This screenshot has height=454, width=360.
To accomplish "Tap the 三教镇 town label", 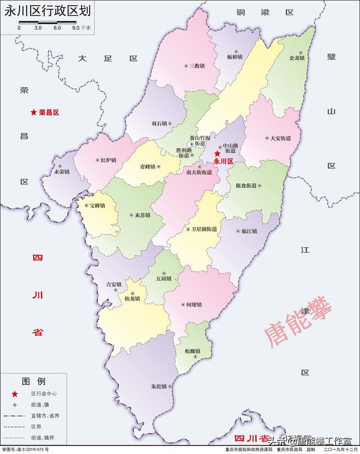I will (x=196, y=66).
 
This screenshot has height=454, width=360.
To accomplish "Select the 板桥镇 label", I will (x=234, y=57).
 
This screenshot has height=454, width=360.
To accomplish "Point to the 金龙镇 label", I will (x=296, y=57).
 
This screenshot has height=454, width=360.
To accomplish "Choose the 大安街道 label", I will (x=280, y=138).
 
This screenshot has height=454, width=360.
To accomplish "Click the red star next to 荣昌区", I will (x=34, y=112).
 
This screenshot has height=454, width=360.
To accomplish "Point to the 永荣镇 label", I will (x=61, y=172).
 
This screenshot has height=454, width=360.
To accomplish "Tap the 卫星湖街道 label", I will (x=204, y=229).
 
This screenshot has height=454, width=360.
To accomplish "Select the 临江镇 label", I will (x=249, y=231).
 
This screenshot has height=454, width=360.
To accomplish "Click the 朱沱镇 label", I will (x=159, y=387).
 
